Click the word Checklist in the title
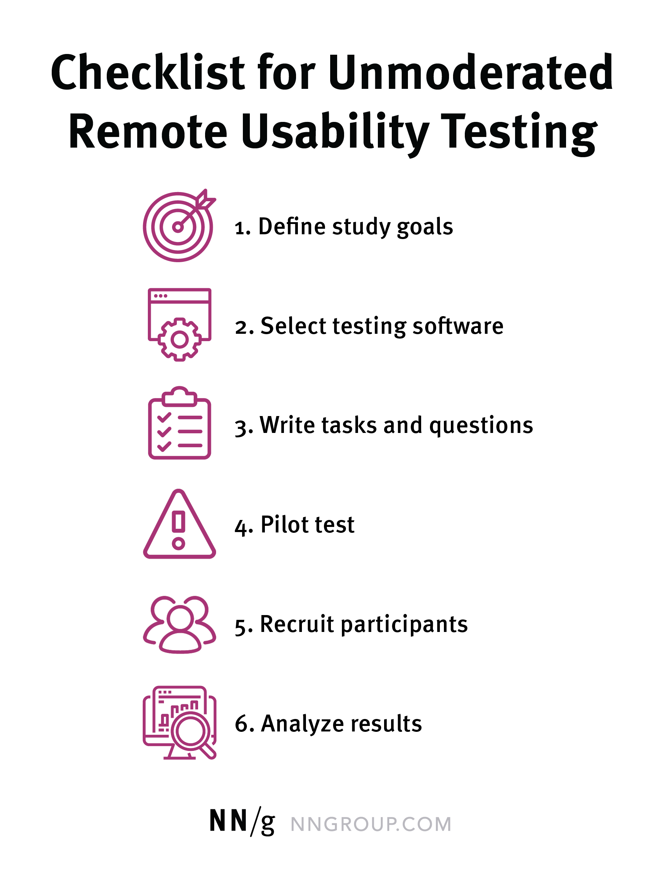pyautogui.click(x=149, y=72)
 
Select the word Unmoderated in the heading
pyautogui.click(x=470, y=72)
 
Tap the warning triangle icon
pyautogui.click(x=179, y=524)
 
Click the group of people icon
pyautogui.click(x=179, y=625)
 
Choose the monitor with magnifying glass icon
pyautogui.click(x=179, y=723)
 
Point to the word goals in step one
pyautogui.click(x=425, y=227)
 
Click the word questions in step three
pyautogui.click(x=481, y=426)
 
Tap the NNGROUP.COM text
pyautogui.click(x=371, y=824)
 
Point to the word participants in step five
pyautogui.click(x=404, y=625)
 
